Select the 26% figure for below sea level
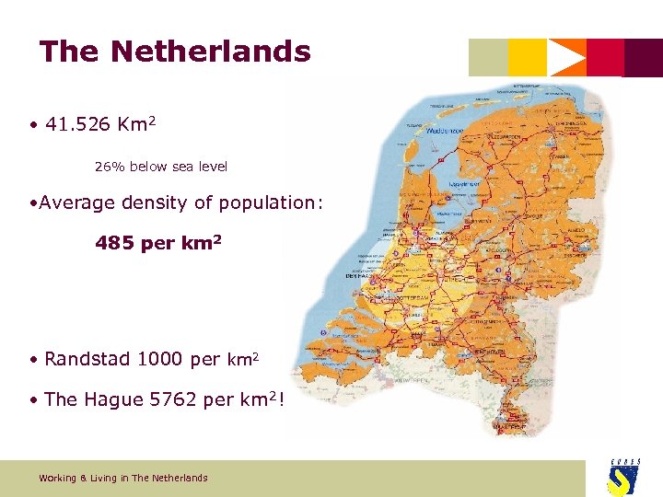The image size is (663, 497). tap(110, 168)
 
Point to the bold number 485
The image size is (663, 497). tap(114, 244)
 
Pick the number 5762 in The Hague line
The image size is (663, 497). tap(172, 400)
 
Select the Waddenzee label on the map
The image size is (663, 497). tap(443, 132)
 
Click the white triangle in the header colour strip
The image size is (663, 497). tap(566, 57)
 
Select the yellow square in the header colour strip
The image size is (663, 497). tap(527, 57)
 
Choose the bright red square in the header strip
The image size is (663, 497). tap(605, 57)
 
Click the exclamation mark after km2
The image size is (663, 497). tap(279, 400)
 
